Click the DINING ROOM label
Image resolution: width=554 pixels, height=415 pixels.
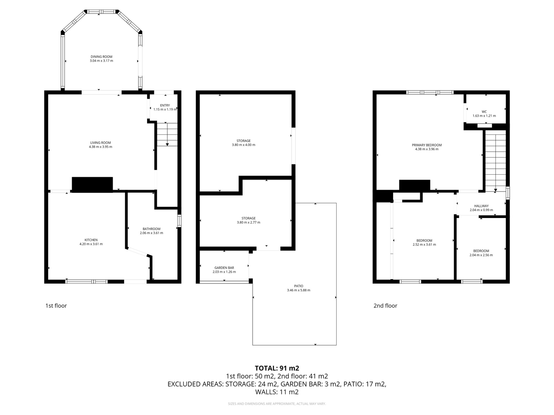(x=101, y=57)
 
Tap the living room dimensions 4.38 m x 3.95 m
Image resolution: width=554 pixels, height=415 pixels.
(x=100, y=147)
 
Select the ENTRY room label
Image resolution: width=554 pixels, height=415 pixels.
(x=165, y=105)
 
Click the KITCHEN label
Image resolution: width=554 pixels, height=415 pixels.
(x=91, y=240)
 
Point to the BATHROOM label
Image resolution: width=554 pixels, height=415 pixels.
(x=151, y=229)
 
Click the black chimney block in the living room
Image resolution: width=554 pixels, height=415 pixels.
(x=92, y=185)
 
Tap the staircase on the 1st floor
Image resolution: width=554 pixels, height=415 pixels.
(x=167, y=134)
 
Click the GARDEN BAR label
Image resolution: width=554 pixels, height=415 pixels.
(x=224, y=268)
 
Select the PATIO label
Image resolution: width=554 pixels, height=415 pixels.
(x=299, y=286)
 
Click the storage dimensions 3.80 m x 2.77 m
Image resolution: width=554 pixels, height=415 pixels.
(x=248, y=223)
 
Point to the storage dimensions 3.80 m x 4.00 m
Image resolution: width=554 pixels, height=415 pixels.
(x=243, y=145)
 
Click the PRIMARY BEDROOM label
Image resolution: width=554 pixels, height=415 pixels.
(x=427, y=145)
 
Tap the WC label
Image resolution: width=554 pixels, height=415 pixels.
(x=484, y=112)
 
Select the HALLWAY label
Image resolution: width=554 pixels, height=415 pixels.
(x=481, y=206)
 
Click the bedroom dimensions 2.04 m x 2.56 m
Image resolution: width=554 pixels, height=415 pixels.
(x=481, y=255)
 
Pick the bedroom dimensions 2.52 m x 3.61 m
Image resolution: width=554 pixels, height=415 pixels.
(x=424, y=245)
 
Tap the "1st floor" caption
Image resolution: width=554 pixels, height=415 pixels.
(x=56, y=306)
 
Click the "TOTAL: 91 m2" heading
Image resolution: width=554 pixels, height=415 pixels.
(x=277, y=368)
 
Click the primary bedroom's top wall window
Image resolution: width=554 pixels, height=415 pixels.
(x=430, y=92)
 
